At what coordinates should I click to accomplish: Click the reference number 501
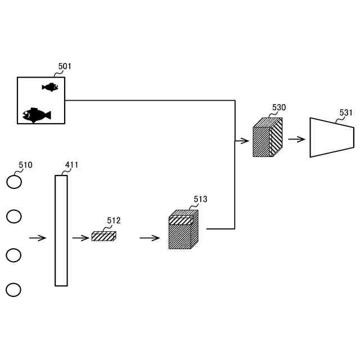[x=65, y=66]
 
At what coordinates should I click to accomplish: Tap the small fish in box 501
[x=50, y=87]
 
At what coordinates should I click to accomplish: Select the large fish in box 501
[x=37, y=115]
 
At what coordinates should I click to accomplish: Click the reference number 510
[x=25, y=165]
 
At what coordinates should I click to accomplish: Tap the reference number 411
[x=71, y=165]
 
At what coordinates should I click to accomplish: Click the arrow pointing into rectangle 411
[x=38, y=238]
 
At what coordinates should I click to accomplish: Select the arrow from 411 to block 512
[x=80, y=238]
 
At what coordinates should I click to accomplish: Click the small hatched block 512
[x=103, y=236]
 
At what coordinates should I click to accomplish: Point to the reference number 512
[x=114, y=220]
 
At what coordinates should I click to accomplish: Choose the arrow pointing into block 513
[x=150, y=238]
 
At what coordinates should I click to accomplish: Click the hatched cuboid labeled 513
[x=183, y=229]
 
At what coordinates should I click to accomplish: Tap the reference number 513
[x=200, y=199]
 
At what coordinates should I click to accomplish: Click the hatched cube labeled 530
[x=268, y=137]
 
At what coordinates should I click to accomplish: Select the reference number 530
[x=279, y=107]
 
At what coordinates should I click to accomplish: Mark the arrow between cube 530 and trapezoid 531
[x=296, y=139]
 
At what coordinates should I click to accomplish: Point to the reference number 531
[x=346, y=112]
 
